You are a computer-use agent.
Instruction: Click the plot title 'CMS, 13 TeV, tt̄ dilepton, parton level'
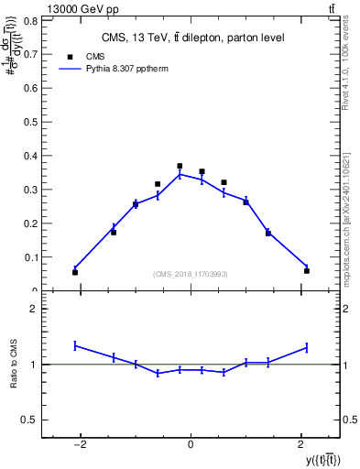tap(191, 38)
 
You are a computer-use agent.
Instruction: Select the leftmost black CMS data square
tap(75, 272)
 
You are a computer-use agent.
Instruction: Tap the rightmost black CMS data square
tap(307, 270)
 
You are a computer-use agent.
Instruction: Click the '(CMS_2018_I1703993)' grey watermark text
tap(191, 274)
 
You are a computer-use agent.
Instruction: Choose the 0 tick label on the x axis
tap(191, 444)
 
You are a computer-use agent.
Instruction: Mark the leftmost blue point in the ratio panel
tap(75, 345)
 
